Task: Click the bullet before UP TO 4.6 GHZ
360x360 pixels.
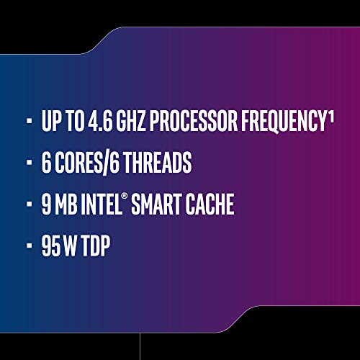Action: pyautogui.click(x=28, y=123)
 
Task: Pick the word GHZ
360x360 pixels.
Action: pyautogui.click(x=140, y=122)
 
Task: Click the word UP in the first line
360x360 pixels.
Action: pyautogui.click(x=52, y=122)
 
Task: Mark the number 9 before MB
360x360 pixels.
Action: pyautogui.click(x=47, y=205)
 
